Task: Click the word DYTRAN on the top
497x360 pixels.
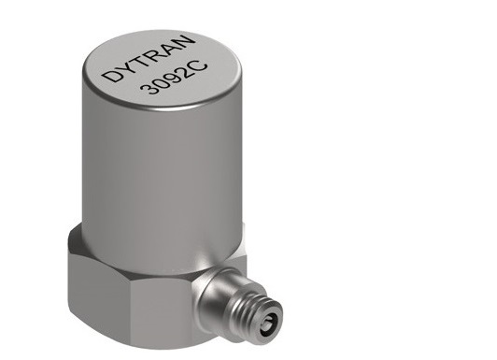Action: tap(149, 58)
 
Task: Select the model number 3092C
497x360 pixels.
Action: tap(174, 79)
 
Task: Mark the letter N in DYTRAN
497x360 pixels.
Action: tap(184, 41)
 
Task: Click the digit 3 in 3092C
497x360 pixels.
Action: tap(148, 88)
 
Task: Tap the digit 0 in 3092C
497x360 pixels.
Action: tap(161, 83)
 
